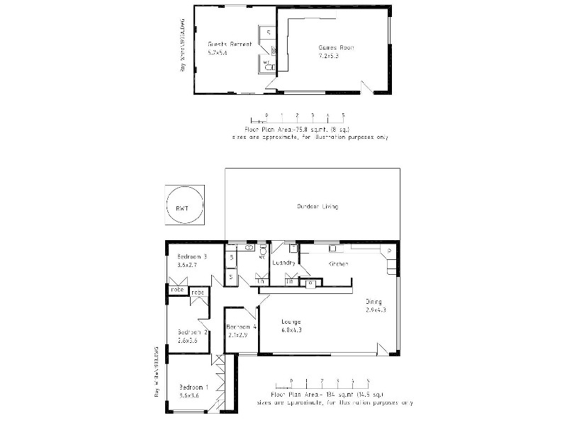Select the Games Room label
tap(336, 47)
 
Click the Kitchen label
tap(338, 263)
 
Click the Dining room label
tap(374, 301)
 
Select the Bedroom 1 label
tap(193, 387)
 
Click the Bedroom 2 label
tap(192, 332)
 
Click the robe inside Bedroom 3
tap(176, 289)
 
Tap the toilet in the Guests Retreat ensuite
tap(267, 65)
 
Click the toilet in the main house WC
tap(263, 251)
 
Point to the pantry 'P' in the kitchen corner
tap(390, 251)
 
